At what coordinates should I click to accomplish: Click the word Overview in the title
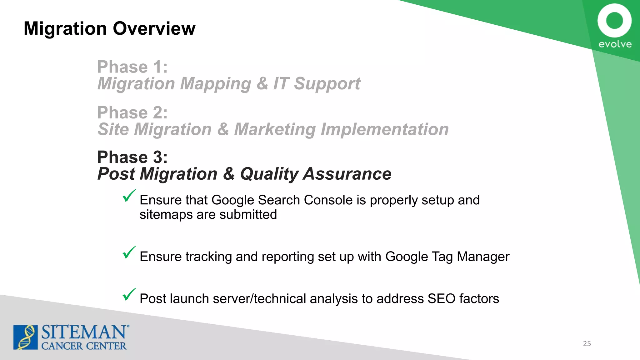(x=154, y=28)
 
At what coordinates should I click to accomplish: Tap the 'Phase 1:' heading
(x=132, y=67)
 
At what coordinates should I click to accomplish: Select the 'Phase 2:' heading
(x=132, y=112)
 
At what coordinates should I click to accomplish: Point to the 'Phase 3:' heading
(x=132, y=157)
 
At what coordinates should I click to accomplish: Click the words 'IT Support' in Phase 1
(x=317, y=84)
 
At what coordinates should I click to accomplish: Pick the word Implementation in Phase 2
(x=385, y=129)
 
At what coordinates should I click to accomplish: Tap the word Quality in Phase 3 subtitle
(x=269, y=174)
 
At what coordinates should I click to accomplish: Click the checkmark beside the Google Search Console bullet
(x=129, y=196)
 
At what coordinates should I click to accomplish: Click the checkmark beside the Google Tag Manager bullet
(x=129, y=252)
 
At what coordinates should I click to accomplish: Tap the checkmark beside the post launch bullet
(x=129, y=294)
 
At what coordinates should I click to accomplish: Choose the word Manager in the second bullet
(x=483, y=257)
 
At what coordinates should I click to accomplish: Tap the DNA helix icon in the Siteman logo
(x=26, y=337)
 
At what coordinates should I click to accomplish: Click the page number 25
(x=587, y=344)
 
